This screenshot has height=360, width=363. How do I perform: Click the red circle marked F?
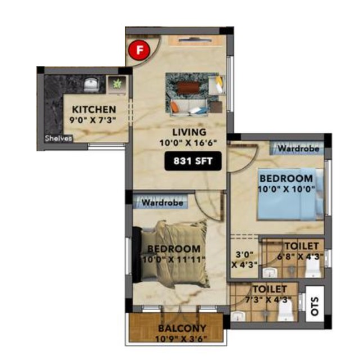click(139, 50)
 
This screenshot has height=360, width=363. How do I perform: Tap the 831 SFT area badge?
click(193, 161)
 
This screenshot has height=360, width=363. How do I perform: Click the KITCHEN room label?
click(94, 110)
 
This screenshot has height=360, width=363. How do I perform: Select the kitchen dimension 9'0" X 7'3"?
click(93, 120)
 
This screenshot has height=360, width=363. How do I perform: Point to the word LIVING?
click(189, 132)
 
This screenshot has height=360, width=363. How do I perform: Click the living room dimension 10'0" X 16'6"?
click(188, 142)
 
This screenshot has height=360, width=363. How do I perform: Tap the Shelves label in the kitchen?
click(58, 138)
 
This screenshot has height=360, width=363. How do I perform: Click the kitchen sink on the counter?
click(92, 84)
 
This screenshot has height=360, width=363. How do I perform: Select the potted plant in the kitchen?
click(117, 84)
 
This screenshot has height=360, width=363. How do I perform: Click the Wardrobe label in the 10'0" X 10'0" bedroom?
click(298, 148)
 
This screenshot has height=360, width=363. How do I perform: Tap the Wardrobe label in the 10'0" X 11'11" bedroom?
click(162, 203)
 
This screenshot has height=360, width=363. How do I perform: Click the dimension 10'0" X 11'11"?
click(174, 259)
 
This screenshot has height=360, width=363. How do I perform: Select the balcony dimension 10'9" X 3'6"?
click(181, 339)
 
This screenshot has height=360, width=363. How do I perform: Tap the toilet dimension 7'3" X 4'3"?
click(268, 300)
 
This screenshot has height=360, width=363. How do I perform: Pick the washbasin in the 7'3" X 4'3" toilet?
click(238, 316)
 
